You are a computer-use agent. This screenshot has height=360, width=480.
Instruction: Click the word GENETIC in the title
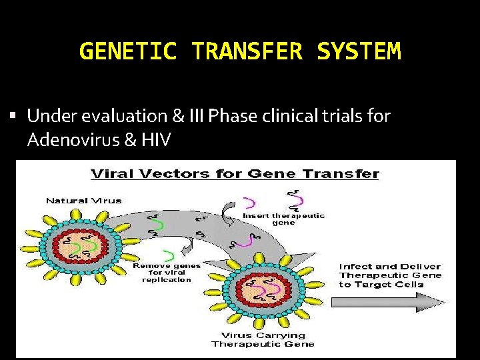point(127,51)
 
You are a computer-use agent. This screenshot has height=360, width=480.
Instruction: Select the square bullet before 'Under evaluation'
point(15,117)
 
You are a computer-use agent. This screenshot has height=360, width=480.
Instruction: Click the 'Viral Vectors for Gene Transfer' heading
point(235,174)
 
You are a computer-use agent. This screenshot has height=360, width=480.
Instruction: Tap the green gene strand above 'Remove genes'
point(169,255)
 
